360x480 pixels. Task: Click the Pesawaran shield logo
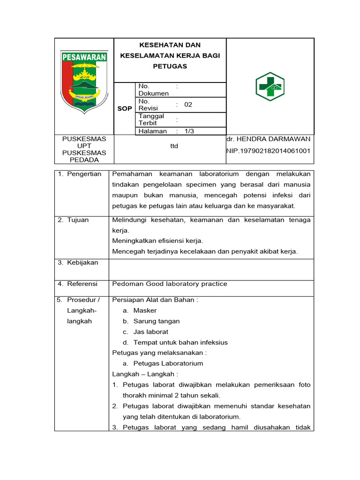(84, 82)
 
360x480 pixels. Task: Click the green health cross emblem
(270, 87)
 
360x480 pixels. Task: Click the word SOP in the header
(125, 109)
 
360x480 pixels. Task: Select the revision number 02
(188, 105)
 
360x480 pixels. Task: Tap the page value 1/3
(189, 131)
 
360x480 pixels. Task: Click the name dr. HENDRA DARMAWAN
(268, 139)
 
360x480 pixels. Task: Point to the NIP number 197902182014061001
(269, 151)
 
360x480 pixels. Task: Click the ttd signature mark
(174, 146)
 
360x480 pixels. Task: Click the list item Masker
(145, 310)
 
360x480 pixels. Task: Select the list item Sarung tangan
(156, 321)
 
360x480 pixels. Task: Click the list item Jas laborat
(150, 332)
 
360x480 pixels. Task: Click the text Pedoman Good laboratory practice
(169, 284)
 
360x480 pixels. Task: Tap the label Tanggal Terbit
(151, 120)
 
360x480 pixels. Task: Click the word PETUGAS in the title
(170, 66)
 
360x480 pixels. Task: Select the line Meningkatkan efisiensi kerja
(157, 241)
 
